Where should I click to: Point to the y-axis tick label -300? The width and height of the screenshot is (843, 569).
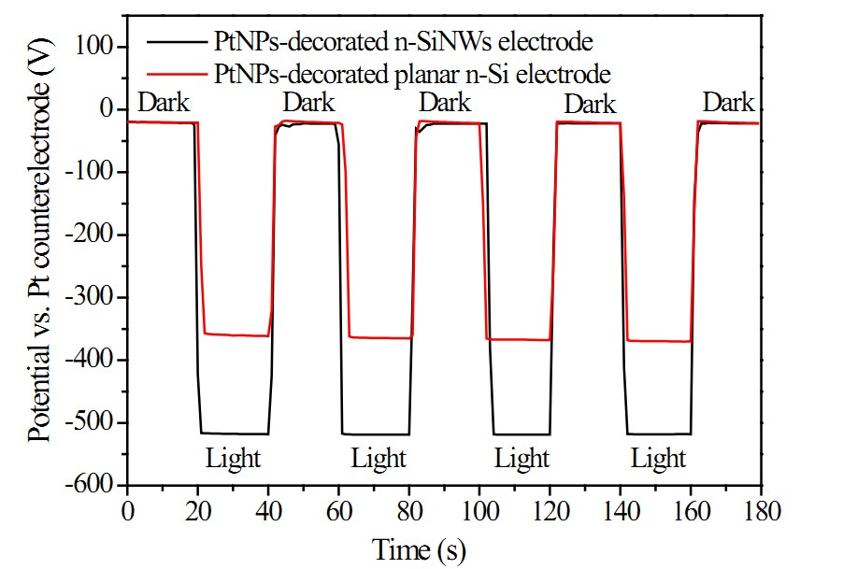click(x=91, y=297)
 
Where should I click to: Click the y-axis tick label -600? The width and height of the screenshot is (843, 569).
click(x=91, y=486)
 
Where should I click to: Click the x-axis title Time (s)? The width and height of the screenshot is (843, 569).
click(x=420, y=548)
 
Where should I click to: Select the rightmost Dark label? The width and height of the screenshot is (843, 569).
click(x=729, y=101)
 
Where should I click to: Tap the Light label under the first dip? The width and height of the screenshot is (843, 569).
click(x=234, y=459)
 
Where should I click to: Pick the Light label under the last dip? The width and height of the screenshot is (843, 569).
click(x=658, y=459)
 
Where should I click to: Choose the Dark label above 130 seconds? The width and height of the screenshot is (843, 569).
click(x=590, y=104)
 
